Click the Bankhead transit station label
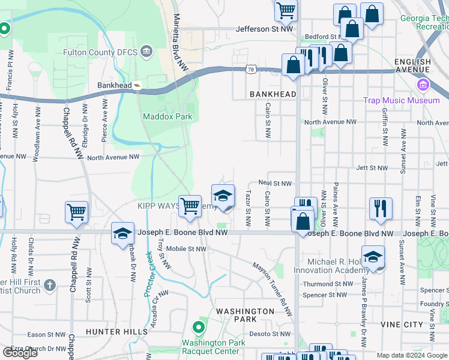coord(113,86)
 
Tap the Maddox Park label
coord(167,116)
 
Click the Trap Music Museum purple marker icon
coord(424,85)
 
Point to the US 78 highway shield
coord(250,70)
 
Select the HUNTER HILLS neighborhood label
coord(116,332)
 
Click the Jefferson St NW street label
coord(265,28)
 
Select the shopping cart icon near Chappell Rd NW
coord(77,211)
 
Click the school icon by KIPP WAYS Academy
coord(223,196)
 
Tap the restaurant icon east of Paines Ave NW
coord(381,208)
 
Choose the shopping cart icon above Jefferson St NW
coord(286,9)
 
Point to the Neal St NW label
coord(274,184)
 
